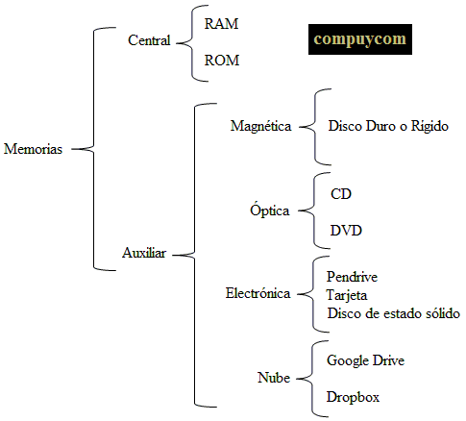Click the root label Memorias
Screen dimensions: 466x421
33,149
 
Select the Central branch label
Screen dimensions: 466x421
149,40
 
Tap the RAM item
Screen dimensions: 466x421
221,24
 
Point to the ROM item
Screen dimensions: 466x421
222,61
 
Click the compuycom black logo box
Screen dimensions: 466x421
360,39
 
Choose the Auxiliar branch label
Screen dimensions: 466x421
144,253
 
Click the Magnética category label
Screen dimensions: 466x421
261,126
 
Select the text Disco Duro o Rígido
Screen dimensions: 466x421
388,126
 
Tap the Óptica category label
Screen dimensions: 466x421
270,210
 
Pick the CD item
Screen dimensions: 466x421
341,194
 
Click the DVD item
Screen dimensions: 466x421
346,231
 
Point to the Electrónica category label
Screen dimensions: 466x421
258,293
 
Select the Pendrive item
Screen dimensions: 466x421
352,277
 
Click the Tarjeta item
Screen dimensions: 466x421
347,295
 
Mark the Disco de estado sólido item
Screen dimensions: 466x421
394,313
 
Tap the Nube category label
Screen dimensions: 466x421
274,378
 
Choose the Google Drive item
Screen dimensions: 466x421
365,360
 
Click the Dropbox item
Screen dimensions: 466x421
353,397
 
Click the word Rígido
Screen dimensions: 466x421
429,126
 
